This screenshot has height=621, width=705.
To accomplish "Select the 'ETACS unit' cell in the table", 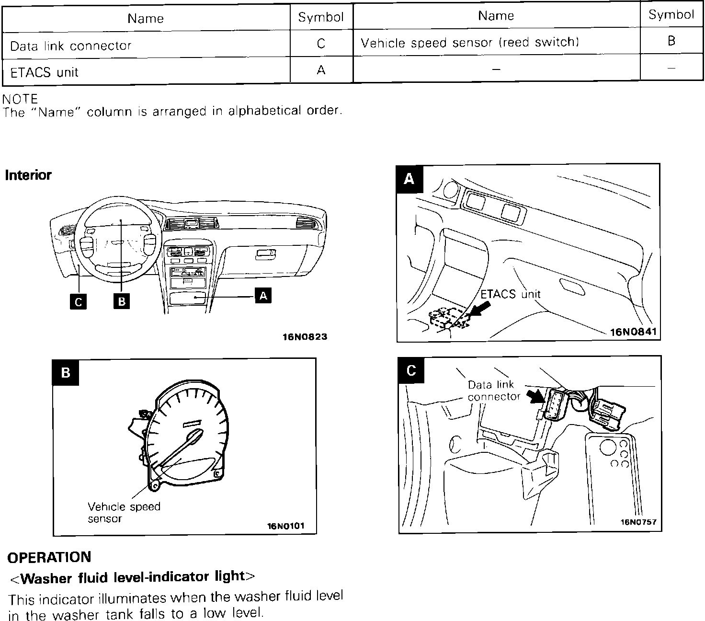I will tap(44, 72).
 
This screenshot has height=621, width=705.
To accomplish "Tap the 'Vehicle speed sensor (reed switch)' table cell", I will tap(470, 43).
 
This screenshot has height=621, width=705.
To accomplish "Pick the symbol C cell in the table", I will tap(321, 44).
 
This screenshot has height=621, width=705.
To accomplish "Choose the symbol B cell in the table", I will tap(671, 41).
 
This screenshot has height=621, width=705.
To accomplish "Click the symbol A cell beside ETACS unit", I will tap(321, 70).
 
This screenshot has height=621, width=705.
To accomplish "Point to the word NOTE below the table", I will tap(20, 99).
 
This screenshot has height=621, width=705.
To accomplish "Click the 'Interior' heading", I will tap(28, 175).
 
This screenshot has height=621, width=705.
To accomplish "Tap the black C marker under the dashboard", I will tap(78, 302).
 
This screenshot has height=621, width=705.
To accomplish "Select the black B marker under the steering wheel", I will tap(122, 302).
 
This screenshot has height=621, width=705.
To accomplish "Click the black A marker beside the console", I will tap(263, 296).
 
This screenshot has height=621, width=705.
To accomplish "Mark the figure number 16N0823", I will tap(305, 337).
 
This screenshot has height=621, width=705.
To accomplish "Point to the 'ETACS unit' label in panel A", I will tap(510, 294).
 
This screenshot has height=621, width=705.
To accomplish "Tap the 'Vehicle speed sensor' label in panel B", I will tap(124, 512).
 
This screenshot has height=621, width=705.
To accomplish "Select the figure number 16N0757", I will tap(638, 522).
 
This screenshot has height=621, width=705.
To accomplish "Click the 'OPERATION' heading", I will tap(49, 557).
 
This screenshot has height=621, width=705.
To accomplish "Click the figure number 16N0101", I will tap(285, 526).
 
